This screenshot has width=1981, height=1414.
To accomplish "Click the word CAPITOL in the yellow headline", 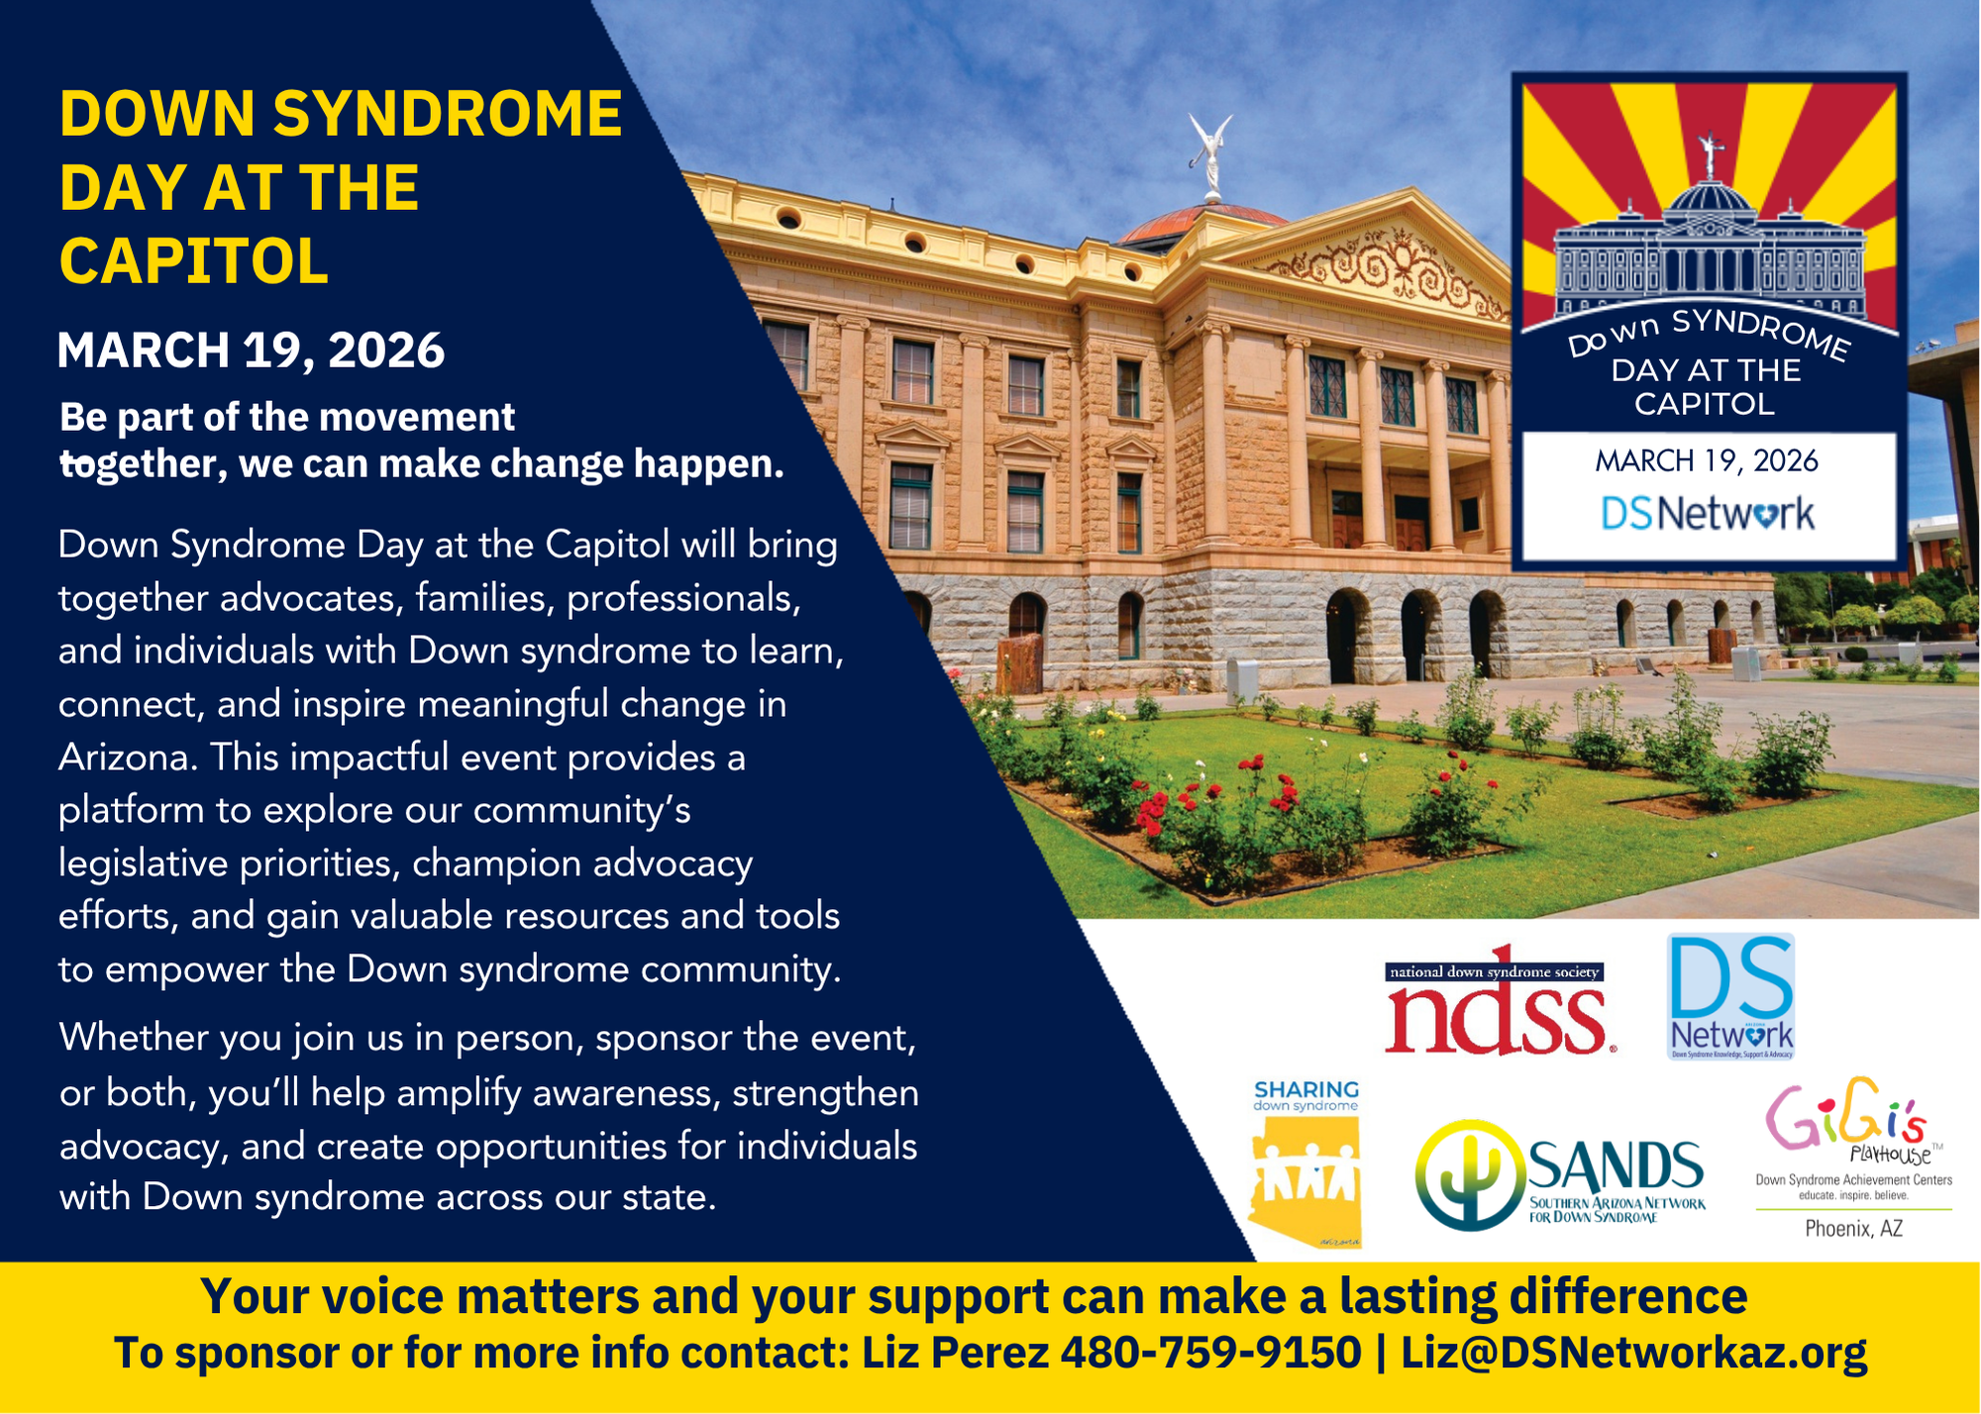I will pos(194,261).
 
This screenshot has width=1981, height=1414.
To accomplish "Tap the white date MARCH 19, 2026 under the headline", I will pos(252,351).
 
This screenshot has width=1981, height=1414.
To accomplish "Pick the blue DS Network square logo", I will pos(1731,996).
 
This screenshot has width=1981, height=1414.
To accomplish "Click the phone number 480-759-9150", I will pos(1210,1353).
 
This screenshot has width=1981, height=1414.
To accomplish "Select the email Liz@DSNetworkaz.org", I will pos(1633,1353).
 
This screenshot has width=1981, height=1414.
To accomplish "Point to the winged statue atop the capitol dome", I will pos(1211,154).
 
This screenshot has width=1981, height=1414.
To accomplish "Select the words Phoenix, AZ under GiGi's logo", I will pos(1853,1229).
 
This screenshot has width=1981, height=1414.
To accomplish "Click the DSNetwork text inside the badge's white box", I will pos(1708,514).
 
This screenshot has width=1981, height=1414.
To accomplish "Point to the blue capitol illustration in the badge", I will pos(1710,248).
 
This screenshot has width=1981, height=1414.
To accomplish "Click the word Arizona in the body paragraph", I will pos(123,757).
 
